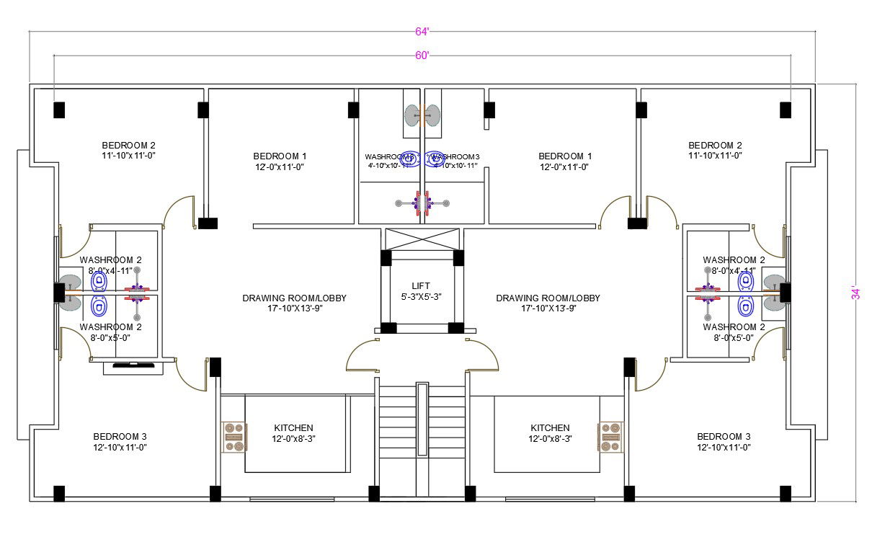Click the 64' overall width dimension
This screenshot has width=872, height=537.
click(x=422, y=31)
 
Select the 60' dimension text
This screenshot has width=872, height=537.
click(x=422, y=56)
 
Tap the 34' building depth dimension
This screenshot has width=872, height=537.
click(x=855, y=293)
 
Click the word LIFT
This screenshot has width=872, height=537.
click(x=421, y=286)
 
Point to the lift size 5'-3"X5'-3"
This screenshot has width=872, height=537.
click(x=421, y=297)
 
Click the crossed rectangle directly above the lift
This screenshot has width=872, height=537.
click(x=422, y=239)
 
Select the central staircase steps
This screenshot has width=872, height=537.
click(x=422, y=432)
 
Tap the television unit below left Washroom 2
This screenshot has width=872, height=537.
click(x=133, y=368)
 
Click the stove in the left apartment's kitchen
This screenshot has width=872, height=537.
click(x=234, y=437)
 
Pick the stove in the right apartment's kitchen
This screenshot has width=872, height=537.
click(x=610, y=437)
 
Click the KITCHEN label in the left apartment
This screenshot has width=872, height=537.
click(x=294, y=428)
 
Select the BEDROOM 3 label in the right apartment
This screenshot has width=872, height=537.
click(x=724, y=437)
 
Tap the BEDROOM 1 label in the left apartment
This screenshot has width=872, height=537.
click(x=280, y=156)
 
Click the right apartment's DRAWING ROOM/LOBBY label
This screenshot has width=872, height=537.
click(x=548, y=298)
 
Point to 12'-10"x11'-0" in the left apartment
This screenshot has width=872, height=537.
click(x=120, y=447)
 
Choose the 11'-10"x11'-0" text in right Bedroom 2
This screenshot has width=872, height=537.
click(x=715, y=155)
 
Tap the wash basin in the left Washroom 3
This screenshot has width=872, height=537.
click(x=411, y=115)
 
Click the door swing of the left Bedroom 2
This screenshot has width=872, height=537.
click(x=180, y=210)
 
